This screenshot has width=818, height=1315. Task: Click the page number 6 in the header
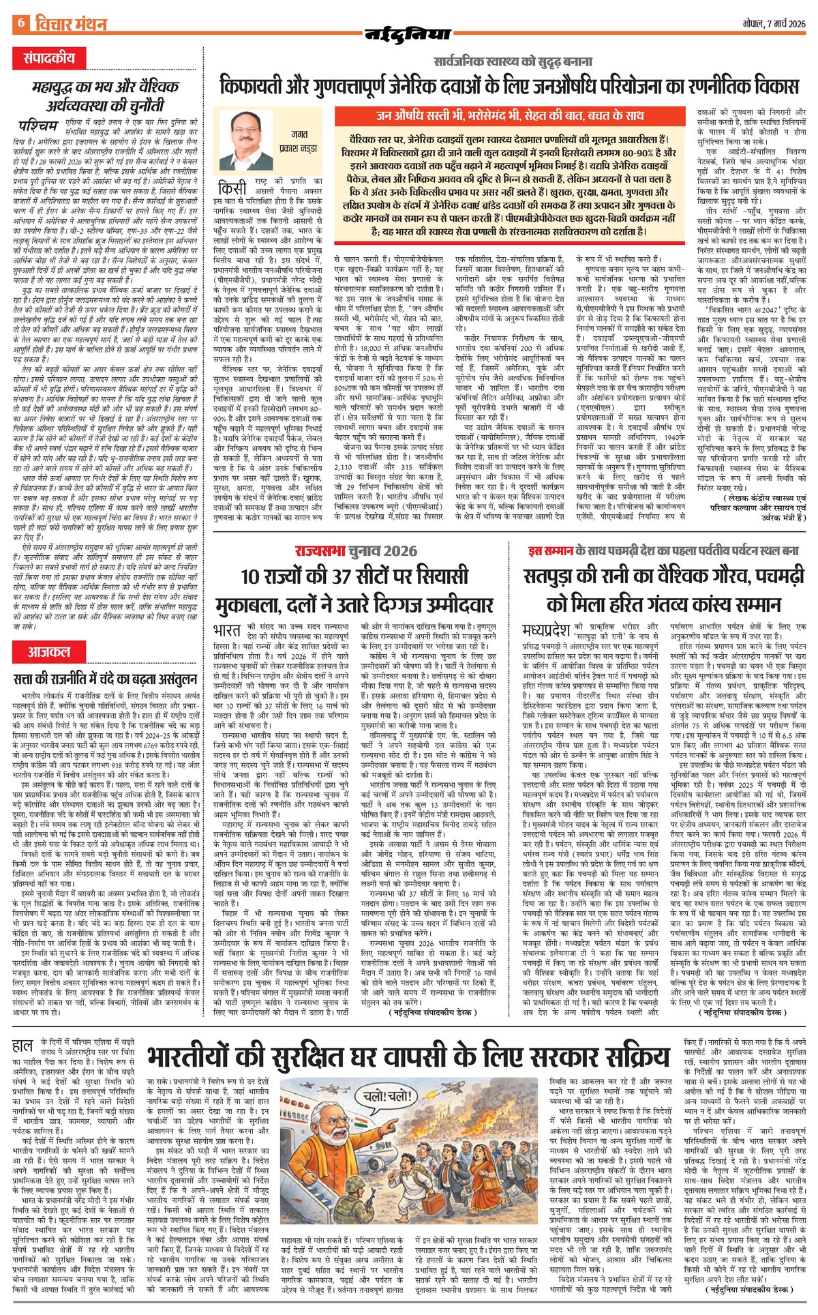pos(20,23)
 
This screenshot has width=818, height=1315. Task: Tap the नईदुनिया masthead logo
pos(408,34)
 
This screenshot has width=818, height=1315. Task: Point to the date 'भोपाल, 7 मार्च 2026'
pos(774,23)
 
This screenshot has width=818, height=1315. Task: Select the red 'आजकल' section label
pos(49,651)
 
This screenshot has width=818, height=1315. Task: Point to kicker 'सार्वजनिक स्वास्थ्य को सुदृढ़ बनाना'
pos(513,62)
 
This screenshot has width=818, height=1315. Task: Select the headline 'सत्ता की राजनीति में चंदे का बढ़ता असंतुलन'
pos(106,678)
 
